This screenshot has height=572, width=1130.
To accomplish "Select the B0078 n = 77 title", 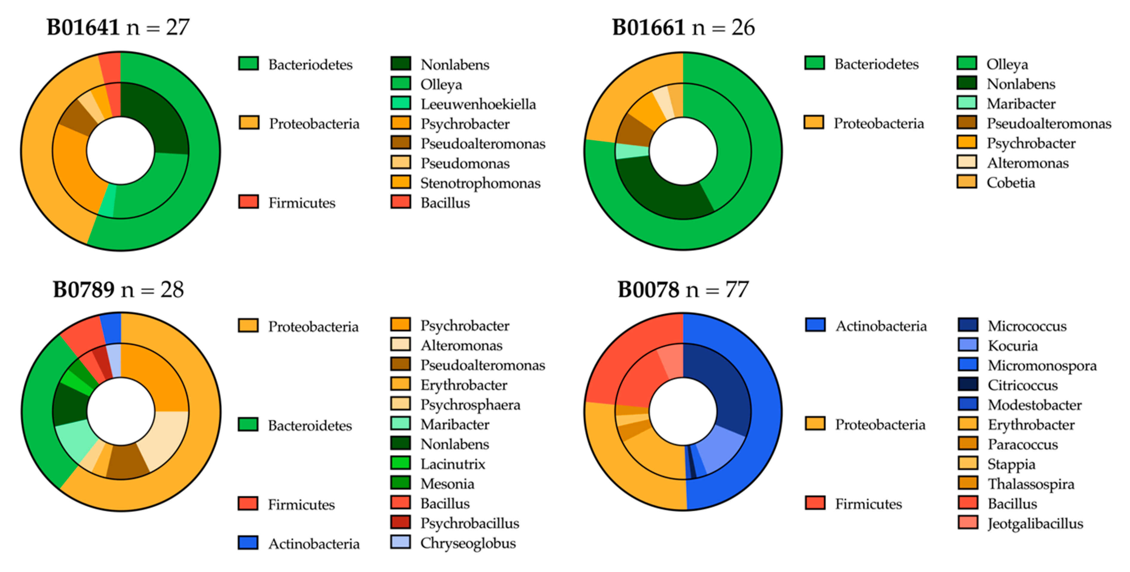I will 683,289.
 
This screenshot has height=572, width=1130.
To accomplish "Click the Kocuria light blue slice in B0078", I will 719,450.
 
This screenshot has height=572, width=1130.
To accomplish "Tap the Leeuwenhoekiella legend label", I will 478,104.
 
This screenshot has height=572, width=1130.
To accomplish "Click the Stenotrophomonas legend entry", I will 480,183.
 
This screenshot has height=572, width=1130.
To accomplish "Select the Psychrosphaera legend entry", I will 470,405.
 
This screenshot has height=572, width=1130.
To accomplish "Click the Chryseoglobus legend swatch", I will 400,542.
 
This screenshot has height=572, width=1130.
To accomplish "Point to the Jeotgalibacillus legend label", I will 1035,524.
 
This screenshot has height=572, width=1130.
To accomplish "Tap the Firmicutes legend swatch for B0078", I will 815,503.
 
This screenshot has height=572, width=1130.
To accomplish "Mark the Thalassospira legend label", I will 1031,484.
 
